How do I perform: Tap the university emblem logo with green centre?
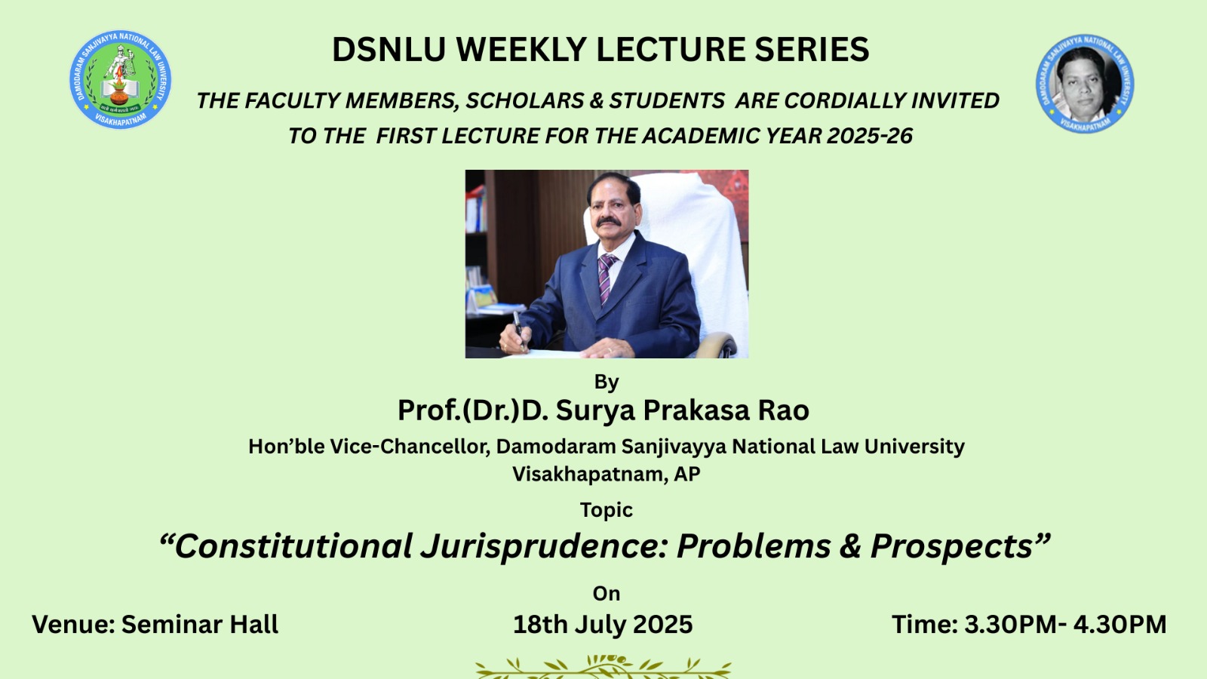pos(120,80)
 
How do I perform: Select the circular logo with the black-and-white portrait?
pos(1085,84)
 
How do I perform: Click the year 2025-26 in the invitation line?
pos(870,136)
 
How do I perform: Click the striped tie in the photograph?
pos(607,278)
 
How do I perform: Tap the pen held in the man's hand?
pos(518,329)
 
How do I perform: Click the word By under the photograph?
pos(607,382)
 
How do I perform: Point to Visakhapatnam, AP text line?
pos(607,475)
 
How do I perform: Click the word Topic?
pos(607,510)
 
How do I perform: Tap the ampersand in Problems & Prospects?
pos(850,546)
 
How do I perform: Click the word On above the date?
pos(607,594)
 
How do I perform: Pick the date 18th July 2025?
pos(603,625)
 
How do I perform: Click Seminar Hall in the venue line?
pos(200,625)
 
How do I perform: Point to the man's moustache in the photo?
pos(609,222)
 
